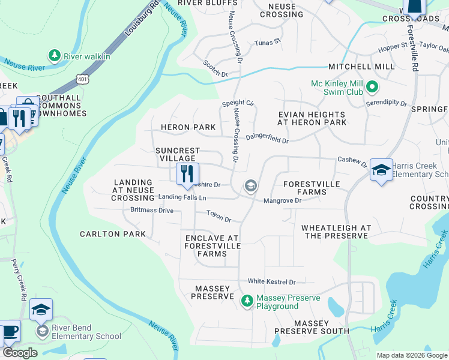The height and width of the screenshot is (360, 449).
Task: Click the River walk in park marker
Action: (55, 56)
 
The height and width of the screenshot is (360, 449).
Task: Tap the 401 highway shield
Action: (82, 78)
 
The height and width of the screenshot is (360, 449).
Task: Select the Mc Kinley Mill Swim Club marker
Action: (372, 88)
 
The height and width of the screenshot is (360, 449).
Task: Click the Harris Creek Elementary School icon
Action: (381, 170)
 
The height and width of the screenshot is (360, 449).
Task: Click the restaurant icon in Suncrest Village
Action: (187, 174)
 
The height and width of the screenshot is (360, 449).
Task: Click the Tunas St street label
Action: (268, 43)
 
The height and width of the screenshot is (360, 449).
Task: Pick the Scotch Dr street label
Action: (215, 68)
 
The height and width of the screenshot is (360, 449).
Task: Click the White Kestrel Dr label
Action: (272, 282)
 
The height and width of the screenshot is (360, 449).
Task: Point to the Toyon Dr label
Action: (218, 215)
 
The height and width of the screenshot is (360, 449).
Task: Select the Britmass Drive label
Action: (152, 211)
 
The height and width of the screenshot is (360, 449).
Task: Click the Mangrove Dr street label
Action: (282, 200)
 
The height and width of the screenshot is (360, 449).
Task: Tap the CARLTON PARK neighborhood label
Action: (113, 233)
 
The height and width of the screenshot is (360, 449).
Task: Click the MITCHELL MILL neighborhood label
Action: (361, 67)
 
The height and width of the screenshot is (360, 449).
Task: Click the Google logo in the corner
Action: (19, 353)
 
